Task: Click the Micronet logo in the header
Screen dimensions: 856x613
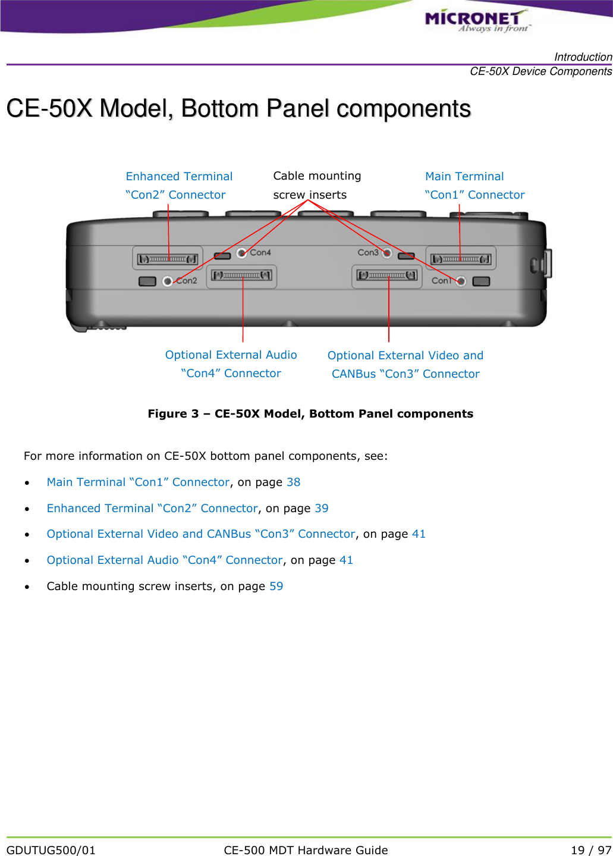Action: click(476, 20)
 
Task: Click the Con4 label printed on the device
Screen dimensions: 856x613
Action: click(260, 252)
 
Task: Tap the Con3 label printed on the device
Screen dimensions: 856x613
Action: click(367, 252)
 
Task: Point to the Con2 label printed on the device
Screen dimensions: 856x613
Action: click(187, 281)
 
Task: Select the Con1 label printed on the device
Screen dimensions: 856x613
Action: click(442, 281)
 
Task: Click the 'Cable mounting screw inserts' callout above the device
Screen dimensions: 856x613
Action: click(316, 185)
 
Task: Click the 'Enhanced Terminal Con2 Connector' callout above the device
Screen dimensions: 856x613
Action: click(178, 186)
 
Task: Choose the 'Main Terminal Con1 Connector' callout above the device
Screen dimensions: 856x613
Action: click(474, 186)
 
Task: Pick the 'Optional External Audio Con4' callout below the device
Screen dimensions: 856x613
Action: click(231, 364)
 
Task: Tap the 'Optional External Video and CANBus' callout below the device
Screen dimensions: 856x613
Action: click(405, 365)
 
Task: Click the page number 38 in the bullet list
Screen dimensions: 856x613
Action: click(293, 482)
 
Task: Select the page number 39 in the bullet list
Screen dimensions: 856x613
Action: click(321, 509)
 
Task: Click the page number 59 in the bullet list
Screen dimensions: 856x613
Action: click(276, 587)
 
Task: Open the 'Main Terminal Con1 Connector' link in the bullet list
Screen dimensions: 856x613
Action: click(138, 482)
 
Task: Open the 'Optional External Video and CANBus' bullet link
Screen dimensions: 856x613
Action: click(200, 534)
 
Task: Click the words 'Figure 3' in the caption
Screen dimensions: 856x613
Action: click(173, 414)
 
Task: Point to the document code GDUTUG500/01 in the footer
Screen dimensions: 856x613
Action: click(51, 850)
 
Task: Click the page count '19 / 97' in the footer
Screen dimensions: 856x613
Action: click(590, 850)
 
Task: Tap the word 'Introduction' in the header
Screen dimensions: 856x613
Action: click(583, 57)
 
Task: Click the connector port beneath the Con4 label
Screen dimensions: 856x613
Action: click(241, 275)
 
